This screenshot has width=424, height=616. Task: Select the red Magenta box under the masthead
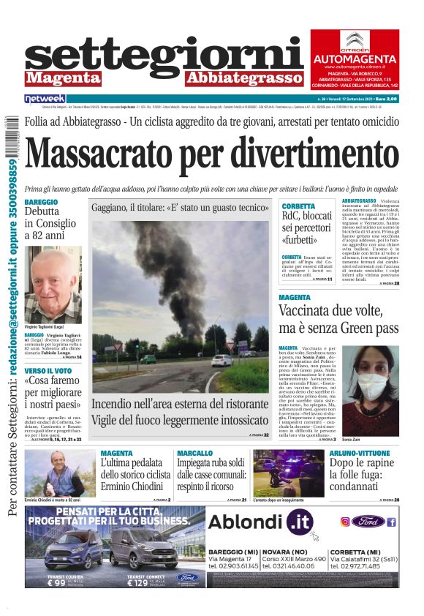point(63,78)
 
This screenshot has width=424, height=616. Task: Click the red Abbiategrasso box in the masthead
point(232,78)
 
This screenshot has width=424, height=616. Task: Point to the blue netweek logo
point(45,98)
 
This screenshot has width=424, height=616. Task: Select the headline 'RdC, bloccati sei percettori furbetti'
point(306,228)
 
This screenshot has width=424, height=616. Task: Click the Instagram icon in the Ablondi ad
point(346,522)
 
